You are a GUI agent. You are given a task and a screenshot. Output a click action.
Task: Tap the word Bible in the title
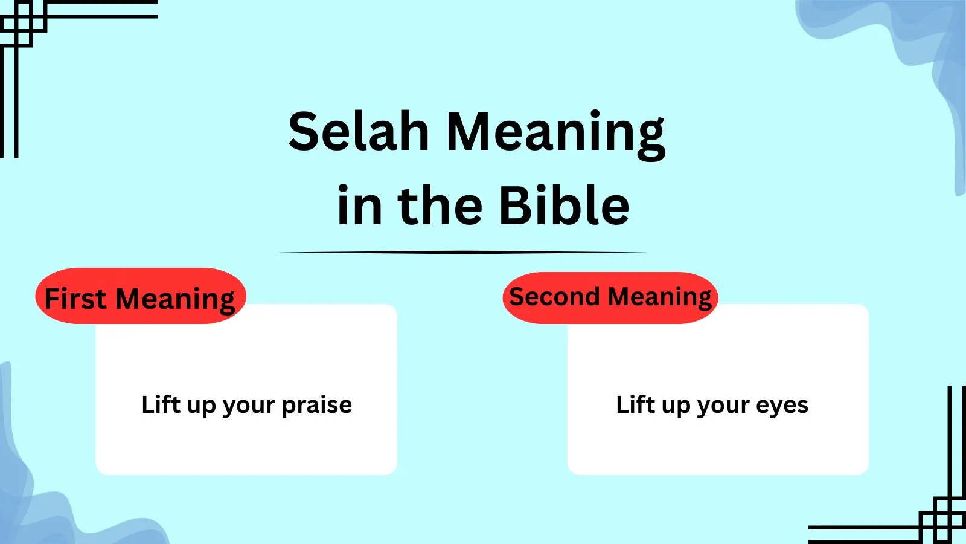[x=564, y=205]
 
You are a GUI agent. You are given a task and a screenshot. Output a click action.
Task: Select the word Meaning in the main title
[x=555, y=135]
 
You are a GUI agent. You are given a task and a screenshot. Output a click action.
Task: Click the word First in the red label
[x=75, y=299]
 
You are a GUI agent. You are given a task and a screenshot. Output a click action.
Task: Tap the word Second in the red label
[x=554, y=297]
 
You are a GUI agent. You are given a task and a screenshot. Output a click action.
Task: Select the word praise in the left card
[x=317, y=406]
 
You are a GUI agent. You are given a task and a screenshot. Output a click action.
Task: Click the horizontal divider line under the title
[x=462, y=252]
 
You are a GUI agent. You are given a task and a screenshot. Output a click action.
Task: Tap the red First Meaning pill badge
[x=141, y=296]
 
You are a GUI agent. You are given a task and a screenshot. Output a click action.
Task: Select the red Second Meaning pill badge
[x=610, y=297]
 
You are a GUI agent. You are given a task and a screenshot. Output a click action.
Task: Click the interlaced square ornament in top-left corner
[x=24, y=24]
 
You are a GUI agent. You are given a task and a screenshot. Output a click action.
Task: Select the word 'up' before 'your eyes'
[x=676, y=407]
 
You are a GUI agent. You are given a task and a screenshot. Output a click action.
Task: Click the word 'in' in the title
[x=359, y=205]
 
